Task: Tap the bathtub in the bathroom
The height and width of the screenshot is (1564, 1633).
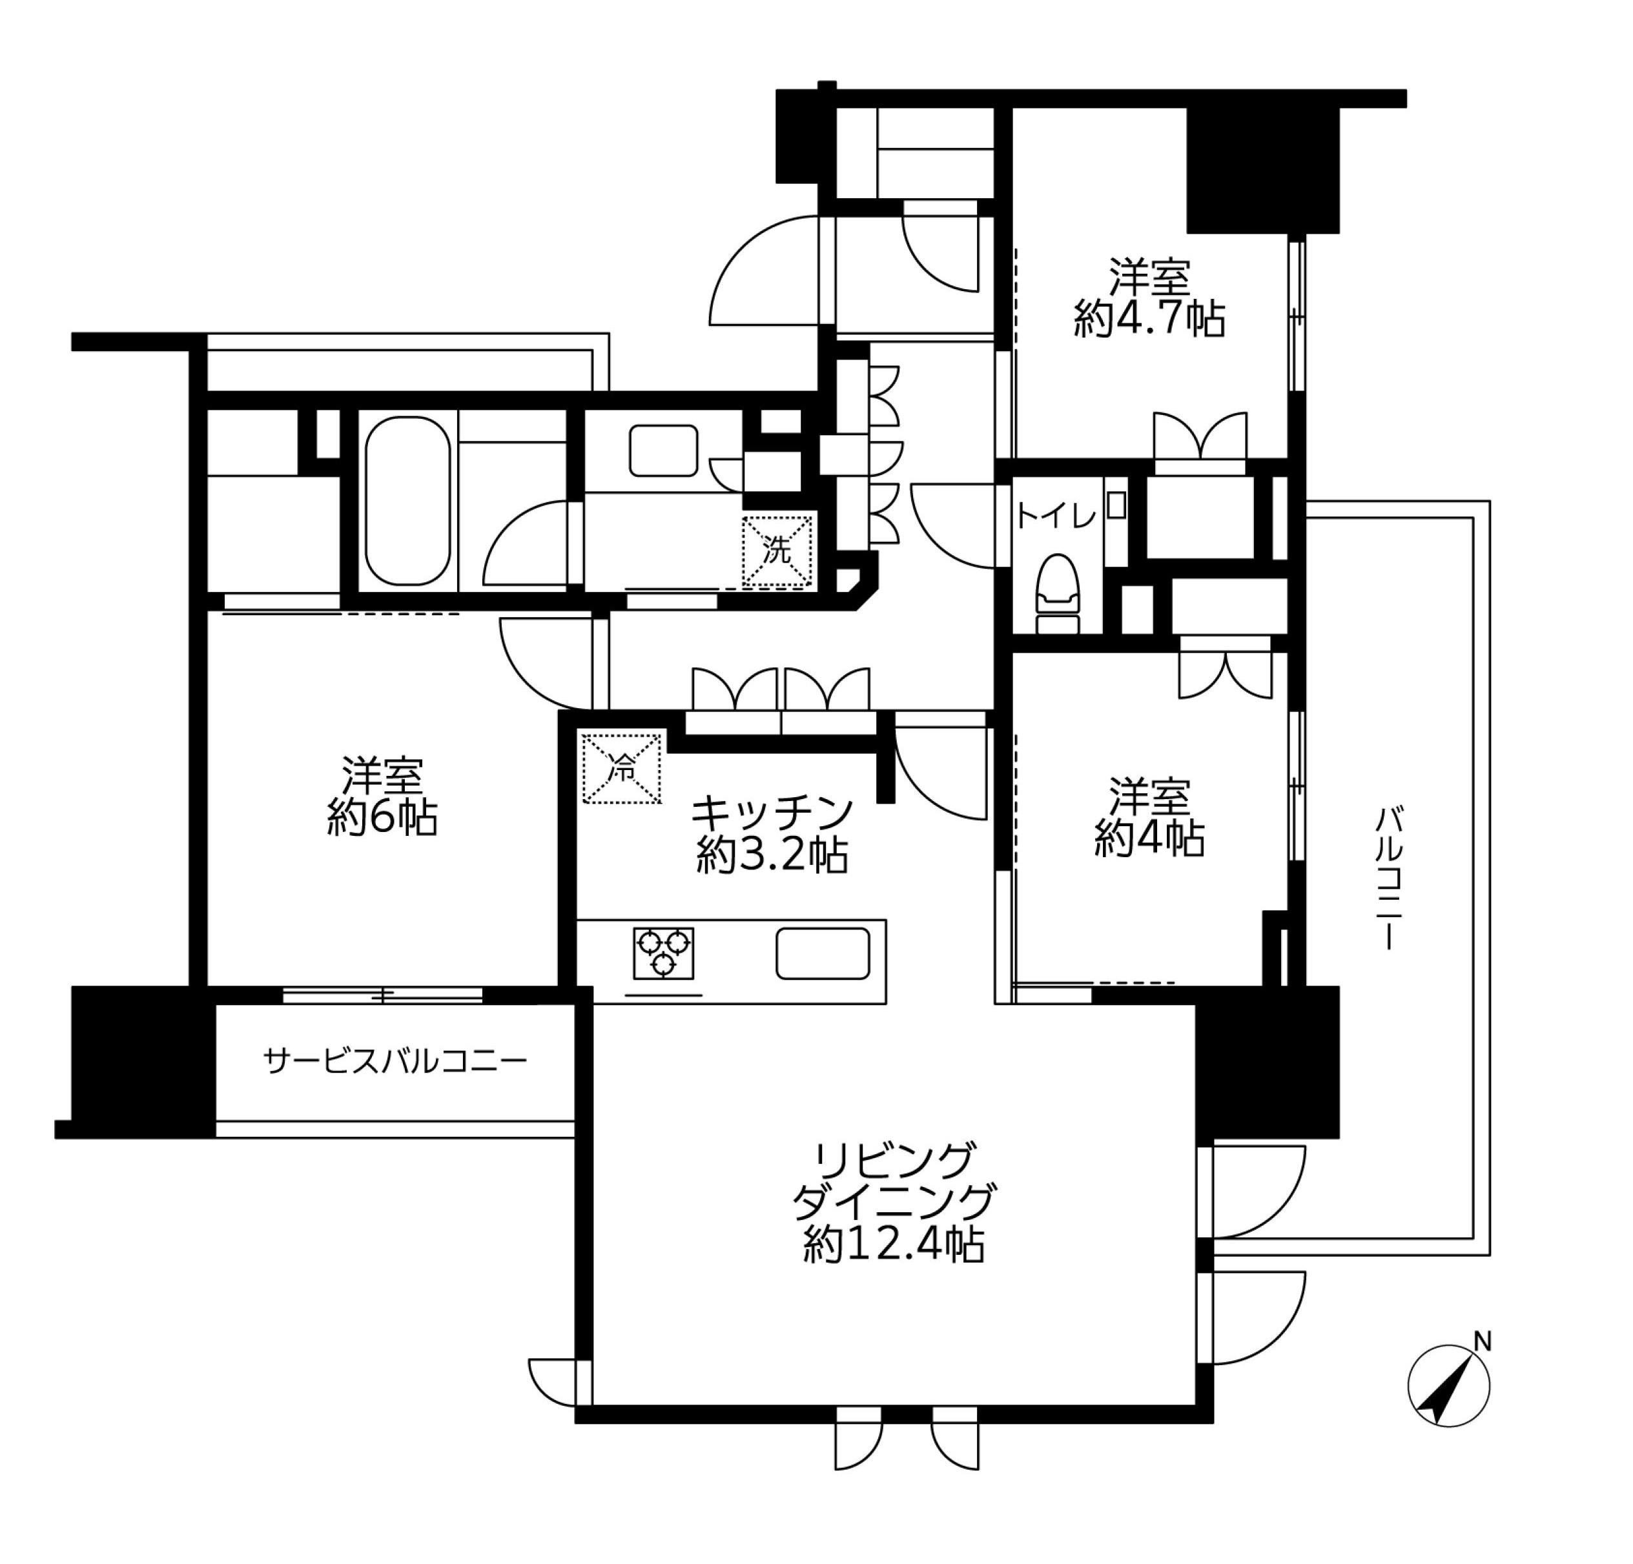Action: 408,502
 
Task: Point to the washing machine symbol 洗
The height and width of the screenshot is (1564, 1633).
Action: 777,551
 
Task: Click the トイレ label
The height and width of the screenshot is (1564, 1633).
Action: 1056,517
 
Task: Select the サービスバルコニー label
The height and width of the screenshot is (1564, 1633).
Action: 395,1061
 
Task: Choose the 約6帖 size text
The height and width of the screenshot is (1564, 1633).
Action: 382,818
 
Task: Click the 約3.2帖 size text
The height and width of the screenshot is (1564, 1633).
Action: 772,855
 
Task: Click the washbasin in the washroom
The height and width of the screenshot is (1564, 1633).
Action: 663,451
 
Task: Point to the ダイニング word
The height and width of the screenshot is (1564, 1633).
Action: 894,1202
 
